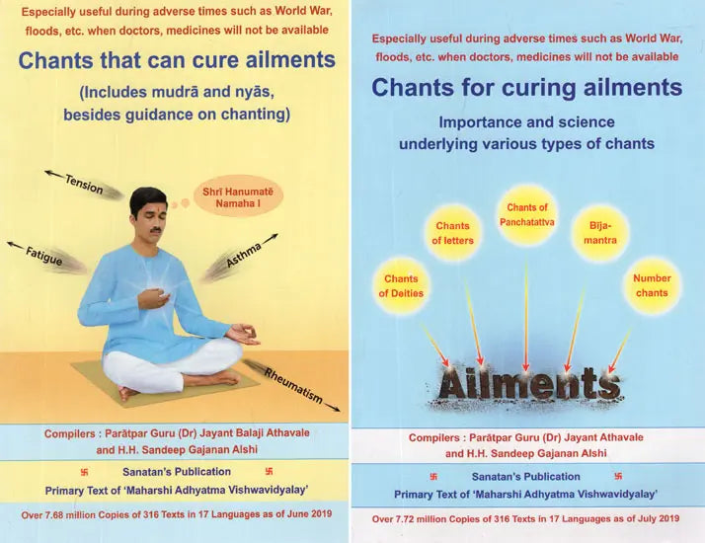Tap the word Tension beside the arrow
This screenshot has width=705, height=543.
[x=84, y=183]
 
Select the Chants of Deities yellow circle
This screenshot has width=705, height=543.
[x=401, y=285]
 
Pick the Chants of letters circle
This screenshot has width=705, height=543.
[x=453, y=234]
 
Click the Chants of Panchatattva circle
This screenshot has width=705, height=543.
[x=527, y=214]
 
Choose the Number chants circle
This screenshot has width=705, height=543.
[x=652, y=285]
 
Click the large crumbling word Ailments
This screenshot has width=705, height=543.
[x=528, y=382]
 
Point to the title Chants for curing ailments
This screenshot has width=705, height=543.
[x=526, y=88]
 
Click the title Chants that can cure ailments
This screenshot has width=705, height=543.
[x=177, y=59]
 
